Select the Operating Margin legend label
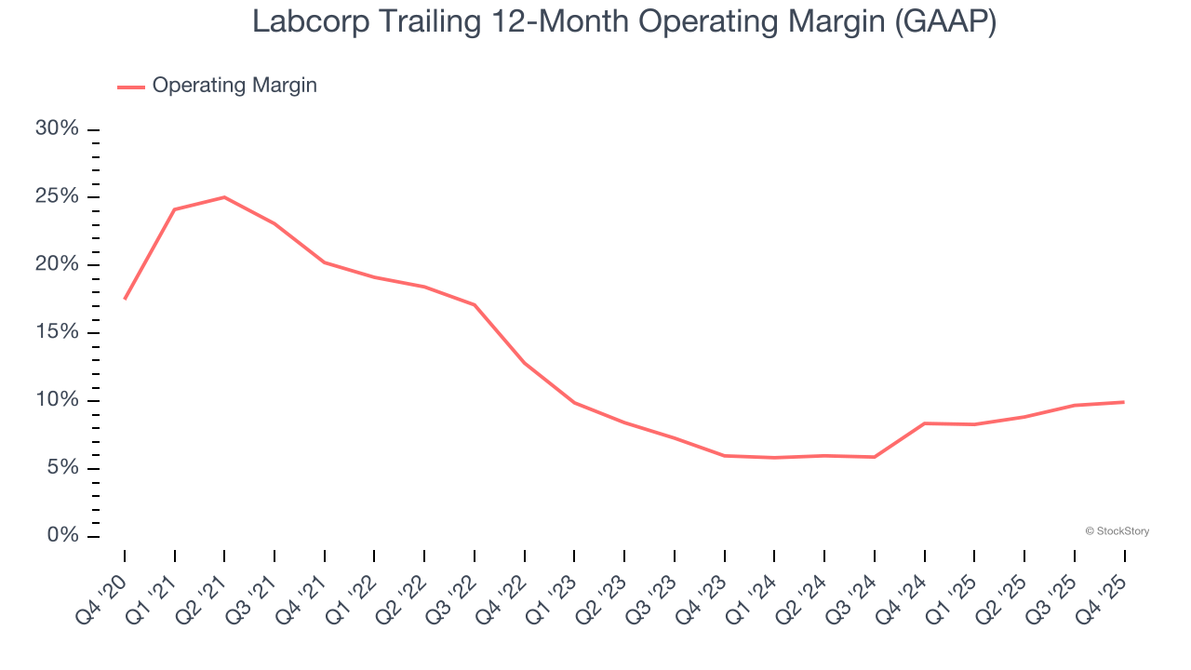(234, 86)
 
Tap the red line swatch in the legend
(130, 87)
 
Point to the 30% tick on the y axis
(58, 128)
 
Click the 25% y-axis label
(58, 196)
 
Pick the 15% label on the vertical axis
(58, 332)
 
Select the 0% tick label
(62, 536)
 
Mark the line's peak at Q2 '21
(224, 197)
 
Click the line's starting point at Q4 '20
(125, 299)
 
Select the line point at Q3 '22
(475, 305)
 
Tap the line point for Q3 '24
(875, 457)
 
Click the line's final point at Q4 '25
(1124, 402)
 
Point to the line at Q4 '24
(925, 423)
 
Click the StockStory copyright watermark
(1117, 531)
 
